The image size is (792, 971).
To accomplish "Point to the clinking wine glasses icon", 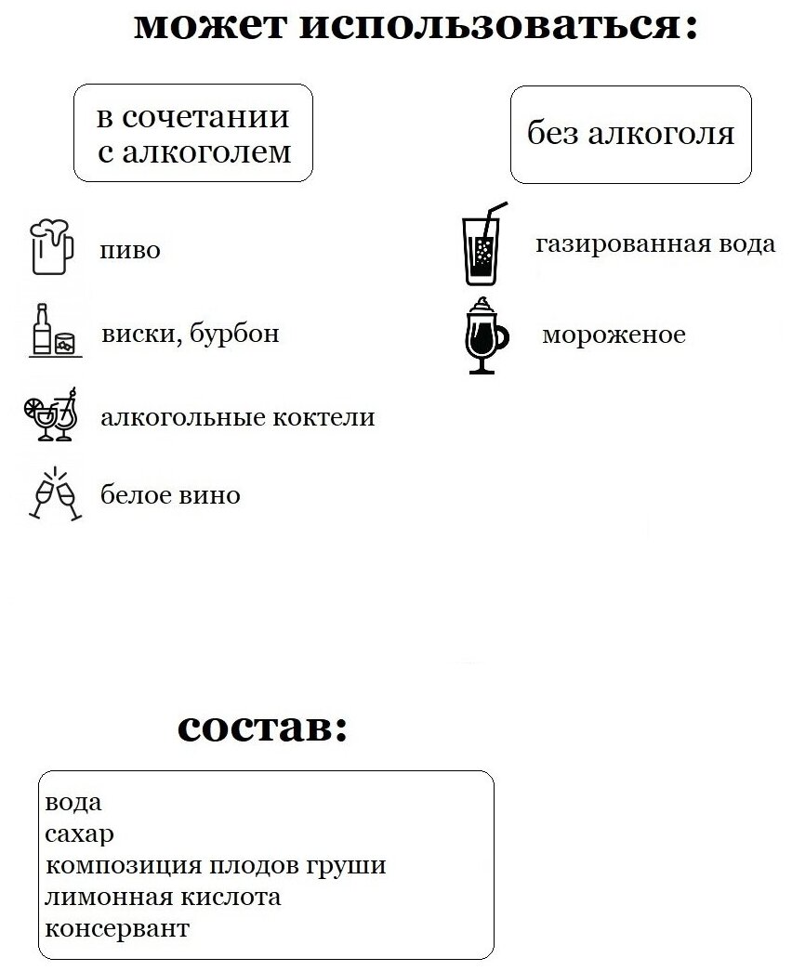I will [x=56, y=493].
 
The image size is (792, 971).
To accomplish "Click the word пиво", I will [x=130, y=251].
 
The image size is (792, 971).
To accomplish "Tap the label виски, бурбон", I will [x=190, y=334].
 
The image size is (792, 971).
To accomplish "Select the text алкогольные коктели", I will [x=237, y=417].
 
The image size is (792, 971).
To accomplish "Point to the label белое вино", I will [x=170, y=495].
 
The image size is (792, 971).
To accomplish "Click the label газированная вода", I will [x=654, y=244].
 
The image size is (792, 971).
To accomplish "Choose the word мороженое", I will [x=613, y=335].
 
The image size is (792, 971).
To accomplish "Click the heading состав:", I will [x=262, y=728].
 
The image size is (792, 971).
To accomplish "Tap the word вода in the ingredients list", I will [x=73, y=802].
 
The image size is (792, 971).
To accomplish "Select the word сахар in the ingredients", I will [x=79, y=833].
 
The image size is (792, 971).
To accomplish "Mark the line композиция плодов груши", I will [x=215, y=866].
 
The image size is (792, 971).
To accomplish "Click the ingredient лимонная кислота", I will [x=163, y=898].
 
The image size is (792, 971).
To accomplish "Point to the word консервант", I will [x=117, y=928].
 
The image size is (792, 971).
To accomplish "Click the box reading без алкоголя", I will [x=630, y=135].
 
